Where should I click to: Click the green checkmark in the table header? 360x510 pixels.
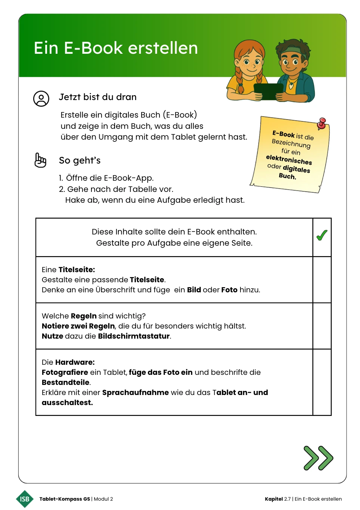tap(322, 235)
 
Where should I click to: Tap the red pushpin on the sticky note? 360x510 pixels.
tap(322, 123)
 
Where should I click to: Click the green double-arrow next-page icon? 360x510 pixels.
tap(318, 458)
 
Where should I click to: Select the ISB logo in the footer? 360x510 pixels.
tap(25, 499)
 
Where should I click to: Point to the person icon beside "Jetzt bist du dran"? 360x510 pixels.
tap(41, 99)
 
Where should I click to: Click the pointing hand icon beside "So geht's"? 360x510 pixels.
tap(40, 160)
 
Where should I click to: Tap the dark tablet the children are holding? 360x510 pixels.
tap(268, 91)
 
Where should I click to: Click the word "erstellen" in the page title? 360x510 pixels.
tap(163, 48)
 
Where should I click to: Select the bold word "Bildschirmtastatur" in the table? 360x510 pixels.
tap(134, 336)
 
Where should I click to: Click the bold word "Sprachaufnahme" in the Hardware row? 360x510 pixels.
tap(135, 392)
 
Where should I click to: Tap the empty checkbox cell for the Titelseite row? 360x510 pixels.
tap(322, 280)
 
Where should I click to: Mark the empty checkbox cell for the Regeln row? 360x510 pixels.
tap(322, 326)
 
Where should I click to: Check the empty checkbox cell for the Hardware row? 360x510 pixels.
tap(322, 382)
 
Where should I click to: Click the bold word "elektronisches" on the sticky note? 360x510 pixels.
tap(289, 160)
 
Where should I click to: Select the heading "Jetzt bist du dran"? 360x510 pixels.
tap(98, 97)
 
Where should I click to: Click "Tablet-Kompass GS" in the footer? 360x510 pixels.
tap(65, 499)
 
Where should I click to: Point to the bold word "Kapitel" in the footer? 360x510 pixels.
tap(274, 499)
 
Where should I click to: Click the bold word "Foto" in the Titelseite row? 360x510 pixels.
tap(229, 290)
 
